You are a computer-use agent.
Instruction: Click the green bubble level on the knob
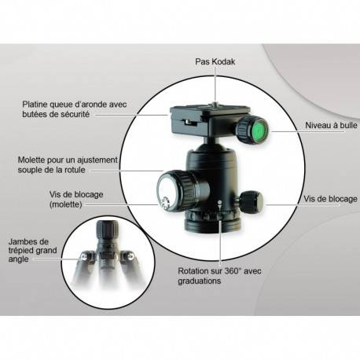259,130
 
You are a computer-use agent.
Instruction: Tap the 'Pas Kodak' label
215,62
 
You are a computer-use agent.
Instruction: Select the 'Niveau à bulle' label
331,125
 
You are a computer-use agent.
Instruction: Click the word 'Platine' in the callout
35,105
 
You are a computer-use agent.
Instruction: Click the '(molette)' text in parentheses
66,204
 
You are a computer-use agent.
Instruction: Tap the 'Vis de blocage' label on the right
330,199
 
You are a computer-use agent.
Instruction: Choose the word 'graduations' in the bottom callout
200,281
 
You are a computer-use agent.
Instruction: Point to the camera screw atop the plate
215,105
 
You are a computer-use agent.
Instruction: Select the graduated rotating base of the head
212,221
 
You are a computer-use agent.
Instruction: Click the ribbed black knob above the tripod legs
107,230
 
